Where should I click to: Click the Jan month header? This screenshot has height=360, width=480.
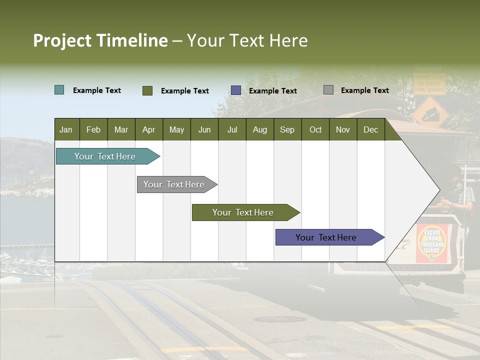(x=66, y=129)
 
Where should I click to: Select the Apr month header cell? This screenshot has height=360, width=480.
(x=148, y=129)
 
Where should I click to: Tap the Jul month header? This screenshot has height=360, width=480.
(x=232, y=129)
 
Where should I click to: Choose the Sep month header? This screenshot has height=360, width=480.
(x=287, y=129)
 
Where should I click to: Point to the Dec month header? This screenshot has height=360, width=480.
(x=370, y=129)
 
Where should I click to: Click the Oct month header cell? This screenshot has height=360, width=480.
(x=315, y=129)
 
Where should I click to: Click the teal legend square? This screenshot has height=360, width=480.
(x=59, y=90)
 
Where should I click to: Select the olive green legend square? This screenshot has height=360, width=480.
(x=147, y=90)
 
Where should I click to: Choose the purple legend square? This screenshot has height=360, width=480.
(x=236, y=90)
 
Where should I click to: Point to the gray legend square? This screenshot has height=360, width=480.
(x=328, y=90)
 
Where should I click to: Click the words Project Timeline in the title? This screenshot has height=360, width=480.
(x=100, y=40)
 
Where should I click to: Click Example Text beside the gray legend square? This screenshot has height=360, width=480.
(x=364, y=90)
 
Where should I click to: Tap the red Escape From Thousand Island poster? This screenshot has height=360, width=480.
(x=432, y=243)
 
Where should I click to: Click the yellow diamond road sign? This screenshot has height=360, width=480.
(x=430, y=112)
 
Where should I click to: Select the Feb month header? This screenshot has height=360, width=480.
(x=93, y=129)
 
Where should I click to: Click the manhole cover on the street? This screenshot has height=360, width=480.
(x=279, y=319)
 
